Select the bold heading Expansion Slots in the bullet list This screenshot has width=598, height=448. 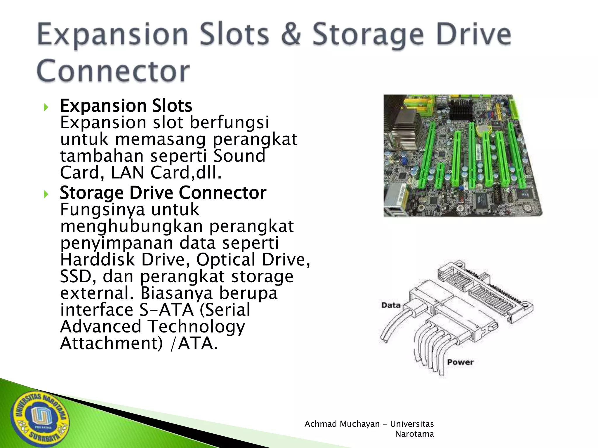tap(126, 106)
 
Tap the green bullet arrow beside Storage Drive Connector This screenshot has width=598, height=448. tap(46, 194)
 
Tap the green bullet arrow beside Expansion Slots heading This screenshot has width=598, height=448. tap(46, 107)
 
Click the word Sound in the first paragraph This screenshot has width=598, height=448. tap(239, 156)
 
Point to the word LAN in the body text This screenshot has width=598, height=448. tap(128, 173)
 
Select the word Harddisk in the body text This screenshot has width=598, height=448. tap(98, 260)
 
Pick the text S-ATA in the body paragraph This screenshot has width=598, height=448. tap(166, 310)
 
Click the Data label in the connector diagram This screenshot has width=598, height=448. tap(391, 305)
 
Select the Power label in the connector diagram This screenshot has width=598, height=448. tap(460, 362)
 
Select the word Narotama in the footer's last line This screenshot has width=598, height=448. tap(414, 434)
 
